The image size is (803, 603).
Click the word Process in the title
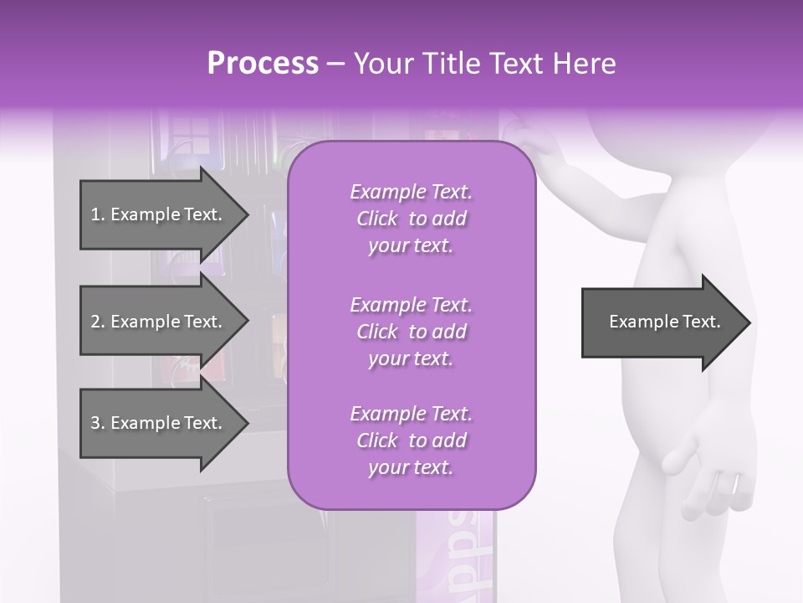click(x=263, y=64)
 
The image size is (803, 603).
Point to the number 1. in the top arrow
click(x=98, y=214)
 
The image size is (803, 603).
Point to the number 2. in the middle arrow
click(x=98, y=322)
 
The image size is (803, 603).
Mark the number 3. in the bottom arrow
click(x=98, y=423)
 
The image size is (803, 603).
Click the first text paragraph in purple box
click(x=411, y=219)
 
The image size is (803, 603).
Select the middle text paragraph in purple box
click(x=411, y=332)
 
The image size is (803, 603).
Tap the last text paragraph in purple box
click(x=411, y=441)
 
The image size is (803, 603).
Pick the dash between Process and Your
click(x=336, y=64)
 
